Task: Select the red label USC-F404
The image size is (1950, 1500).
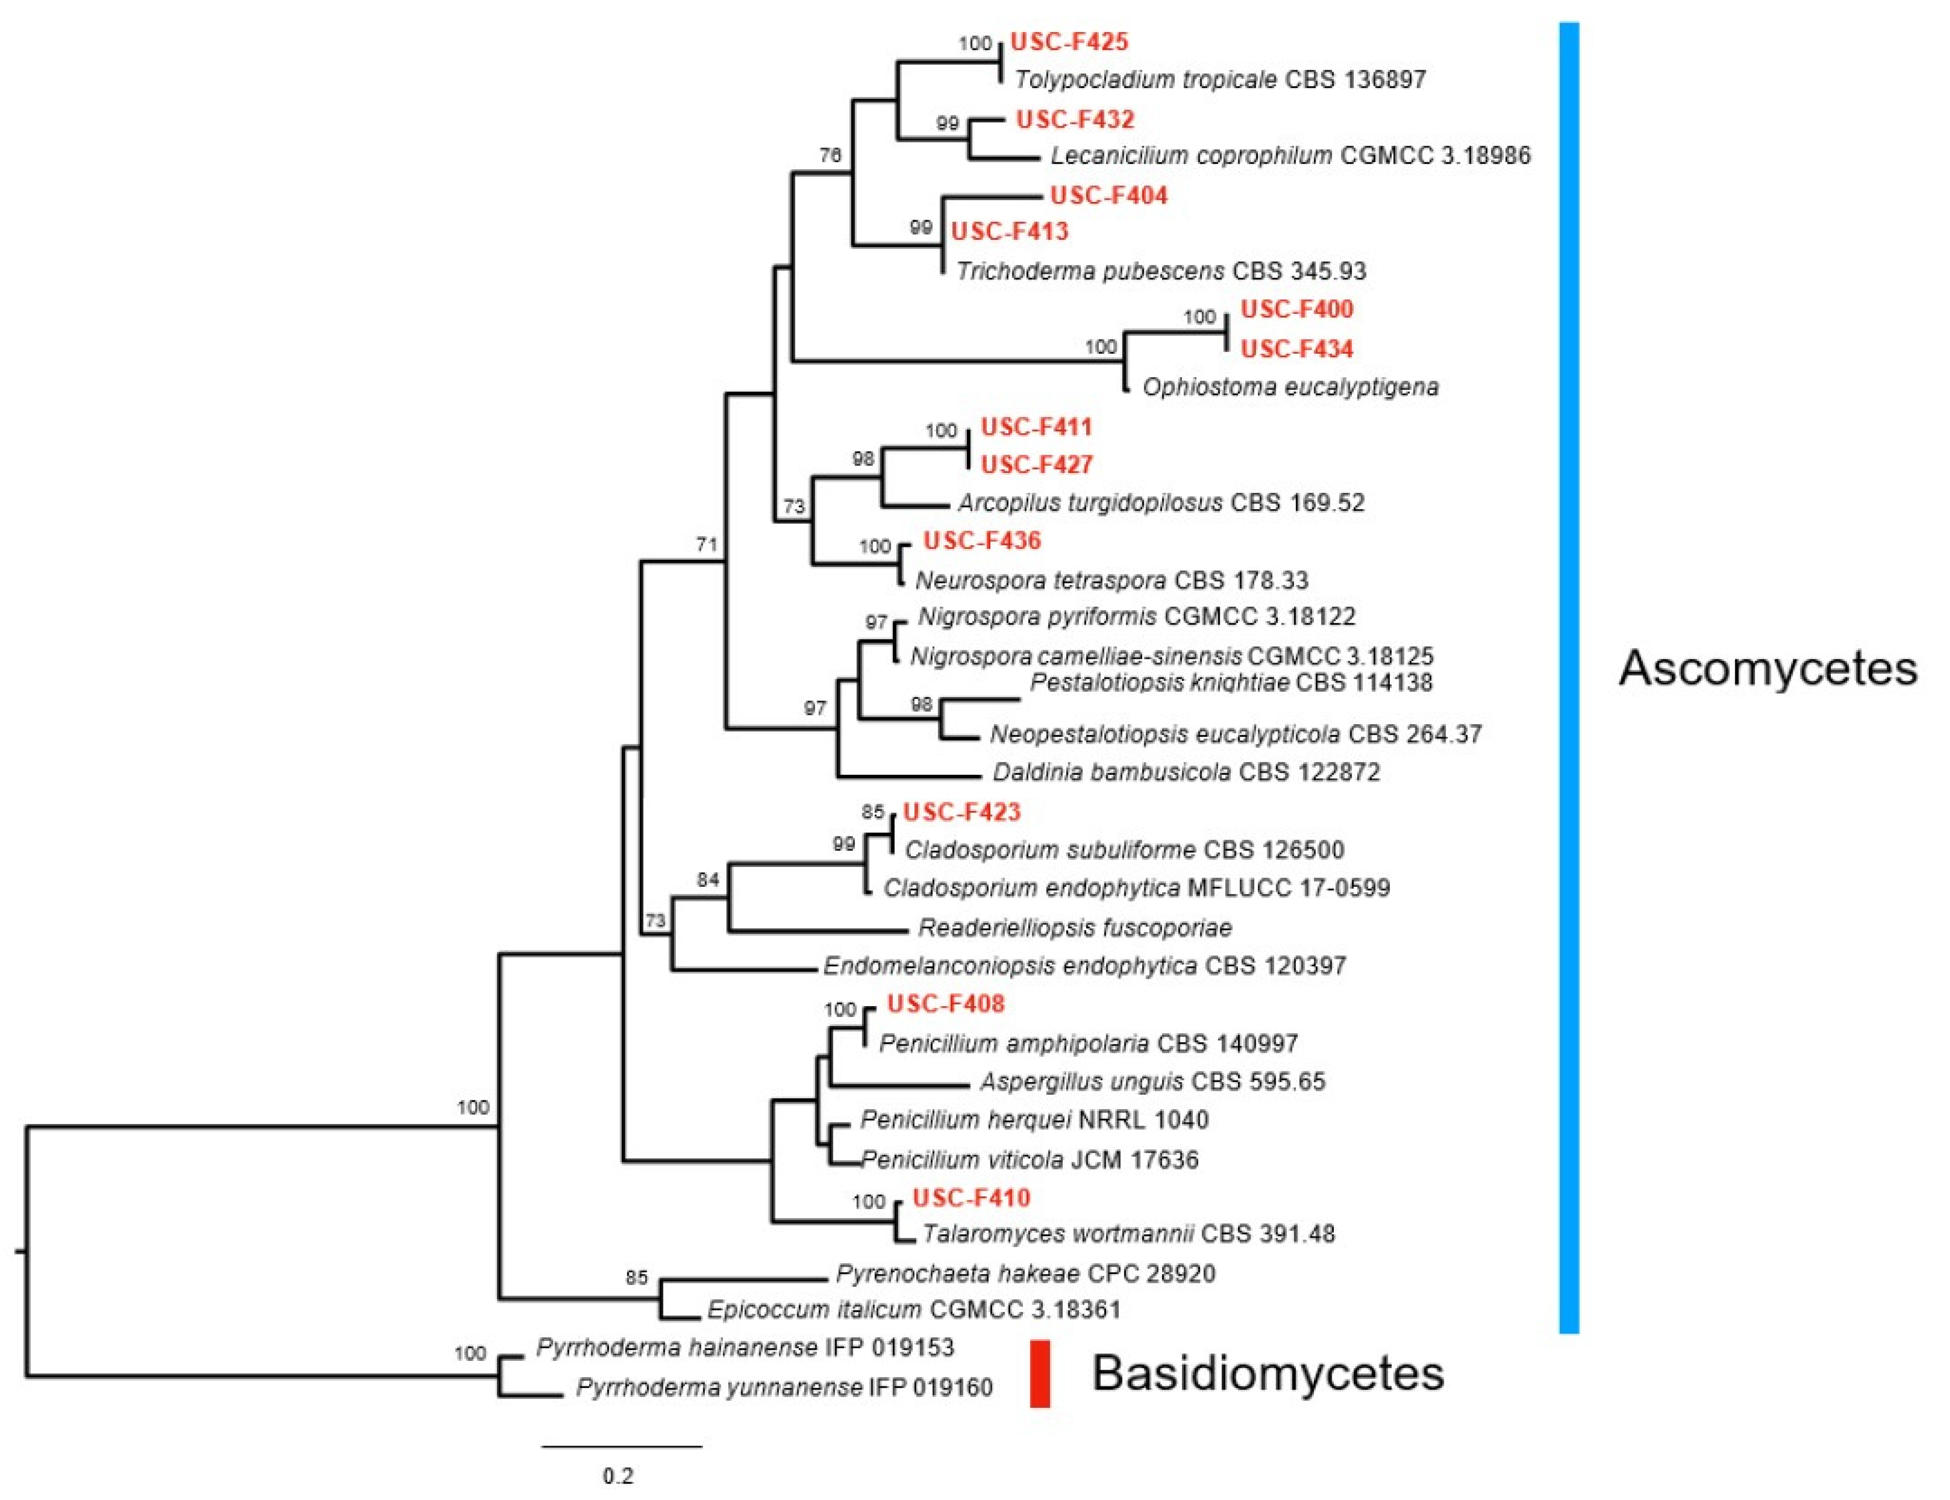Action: pos(1108,196)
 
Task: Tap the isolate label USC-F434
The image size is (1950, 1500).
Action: pos(1297,349)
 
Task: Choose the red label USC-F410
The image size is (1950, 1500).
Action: pos(970,1198)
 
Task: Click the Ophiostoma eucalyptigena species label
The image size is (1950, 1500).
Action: pos(1290,387)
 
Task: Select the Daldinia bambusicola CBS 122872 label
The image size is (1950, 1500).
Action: pos(1185,772)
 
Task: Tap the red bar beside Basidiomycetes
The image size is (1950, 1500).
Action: pos(1039,1373)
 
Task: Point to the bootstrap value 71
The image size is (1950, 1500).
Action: pos(707,544)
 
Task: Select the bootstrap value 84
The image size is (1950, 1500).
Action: pos(708,880)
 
